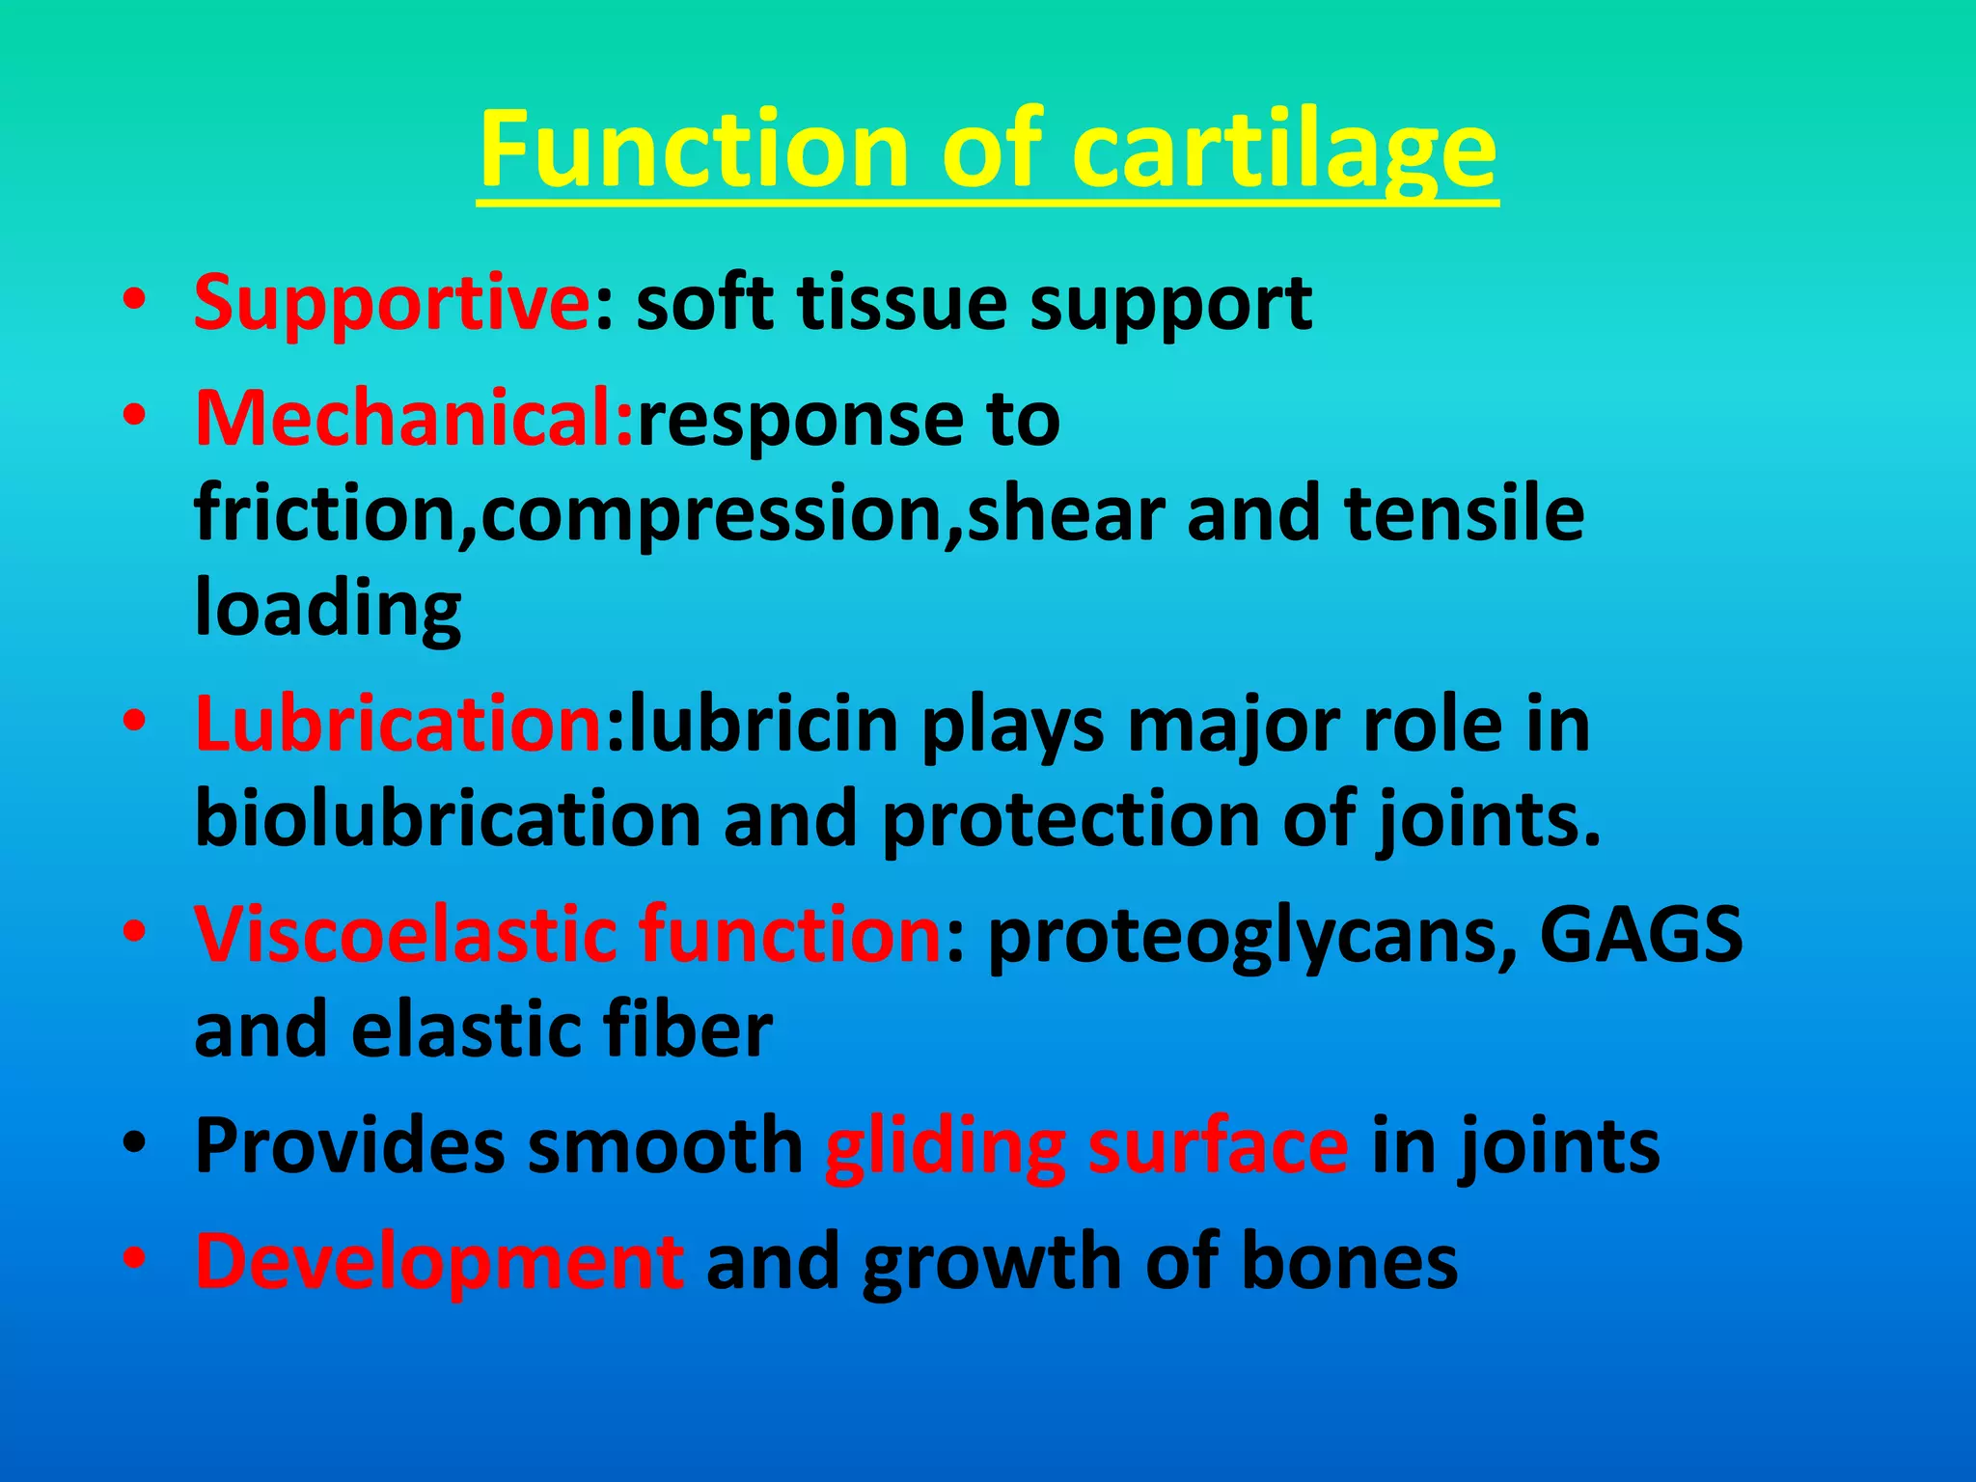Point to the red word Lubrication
[398, 725]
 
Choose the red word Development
[439, 1261]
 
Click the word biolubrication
[448, 819]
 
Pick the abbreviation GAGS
[1640, 934]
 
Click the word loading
[328, 610]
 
